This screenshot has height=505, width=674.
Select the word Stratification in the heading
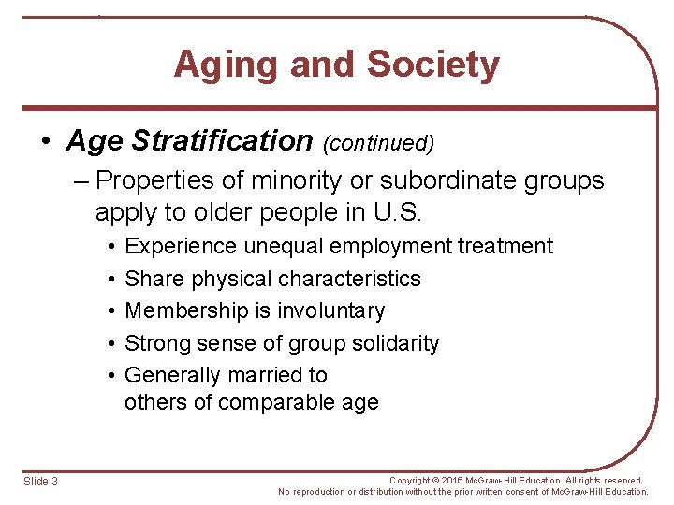click(222, 141)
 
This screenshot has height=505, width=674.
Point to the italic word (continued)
click(379, 143)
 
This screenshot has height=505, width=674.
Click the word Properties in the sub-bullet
click(158, 180)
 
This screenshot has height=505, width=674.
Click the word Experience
click(182, 246)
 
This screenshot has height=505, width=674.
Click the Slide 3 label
click(40, 481)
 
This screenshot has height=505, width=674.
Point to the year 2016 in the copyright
click(460, 480)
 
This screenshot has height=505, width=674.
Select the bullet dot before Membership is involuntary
click(110, 311)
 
